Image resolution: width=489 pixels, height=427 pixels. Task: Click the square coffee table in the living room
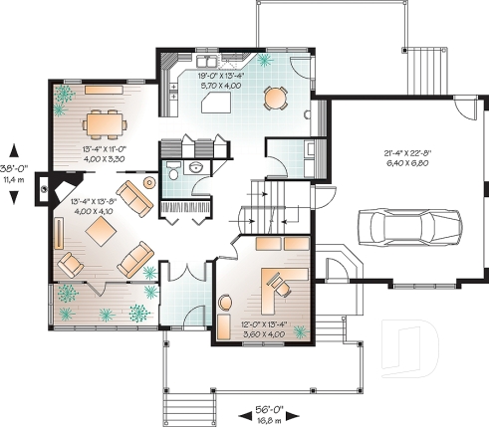coord(101,233)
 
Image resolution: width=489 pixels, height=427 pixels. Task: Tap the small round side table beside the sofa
coord(149,183)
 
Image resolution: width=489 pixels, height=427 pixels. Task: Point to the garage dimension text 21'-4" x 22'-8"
coord(407,157)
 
